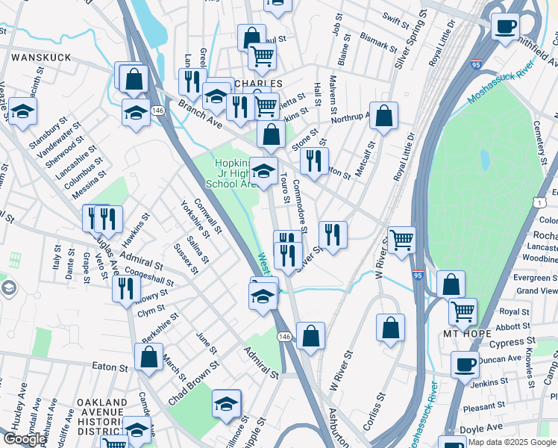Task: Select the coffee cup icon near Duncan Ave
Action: (x=465, y=364)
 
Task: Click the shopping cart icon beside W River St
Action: (x=401, y=240)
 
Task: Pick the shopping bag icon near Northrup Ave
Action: (x=383, y=115)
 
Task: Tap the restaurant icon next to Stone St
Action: (x=314, y=160)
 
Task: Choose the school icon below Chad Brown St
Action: (x=226, y=403)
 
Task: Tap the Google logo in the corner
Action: (x=24, y=439)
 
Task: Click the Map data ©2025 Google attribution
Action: (x=510, y=442)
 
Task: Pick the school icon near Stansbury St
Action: (x=22, y=112)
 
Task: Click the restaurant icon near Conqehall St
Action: (x=126, y=288)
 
